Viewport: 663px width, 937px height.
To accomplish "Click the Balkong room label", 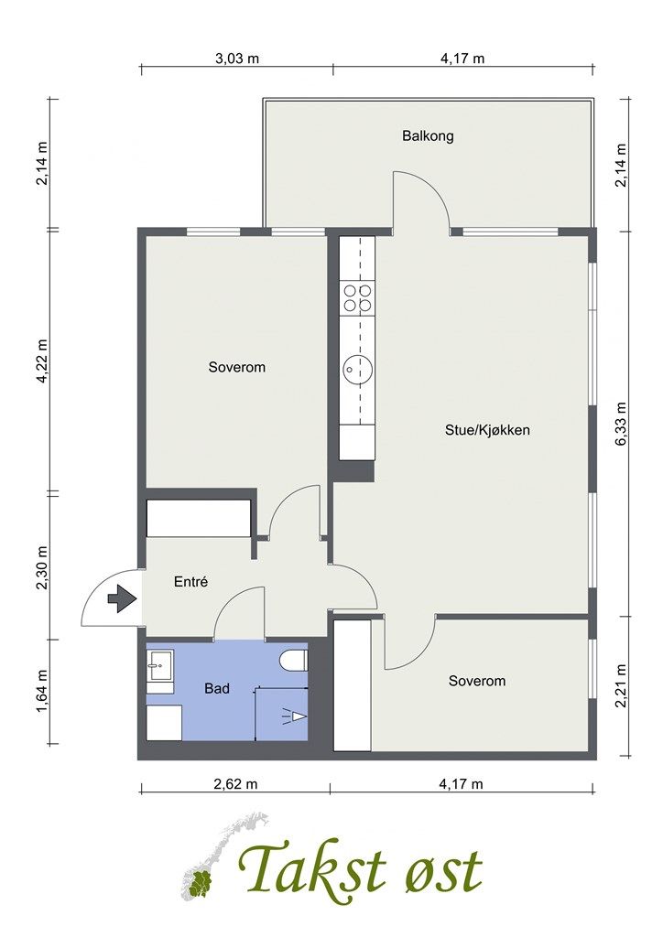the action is pyautogui.click(x=428, y=135).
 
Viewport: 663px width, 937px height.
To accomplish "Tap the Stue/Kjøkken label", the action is pyautogui.click(x=487, y=430).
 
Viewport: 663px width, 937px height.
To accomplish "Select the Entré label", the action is pyautogui.click(x=190, y=581).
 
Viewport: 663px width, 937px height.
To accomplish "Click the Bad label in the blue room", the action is pyautogui.click(x=217, y=688).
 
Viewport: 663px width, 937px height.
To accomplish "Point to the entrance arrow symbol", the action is pyautogui.click(x=122, y=598).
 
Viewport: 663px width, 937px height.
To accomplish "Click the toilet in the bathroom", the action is pyautogui.click(x=294, y=661).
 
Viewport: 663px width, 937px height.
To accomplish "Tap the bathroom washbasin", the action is pyautogui.click(x=160, y=666).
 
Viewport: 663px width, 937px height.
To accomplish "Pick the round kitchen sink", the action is pyautogui.click(x=357, y=369).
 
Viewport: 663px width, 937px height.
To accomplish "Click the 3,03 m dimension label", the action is pyautogui.click(x=237, y=58).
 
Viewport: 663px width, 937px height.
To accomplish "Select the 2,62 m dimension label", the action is pyautogui.click(x=235, y=783).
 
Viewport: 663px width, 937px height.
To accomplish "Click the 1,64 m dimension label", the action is pyautogui.click(x=42, y=692).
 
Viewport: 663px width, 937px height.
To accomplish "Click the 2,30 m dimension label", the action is pyautogui.click(x=42, y=567).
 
